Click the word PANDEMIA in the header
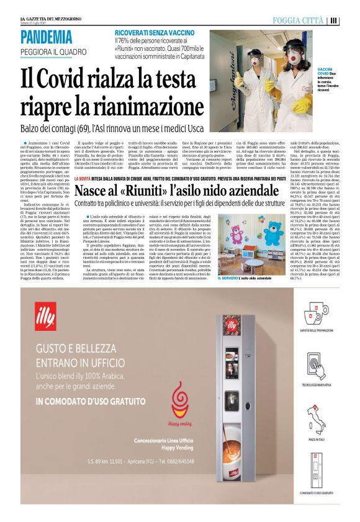(47, 38)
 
